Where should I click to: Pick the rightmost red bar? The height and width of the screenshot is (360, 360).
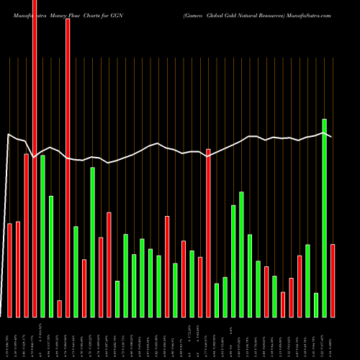pyautogui.click(x=333, y=281)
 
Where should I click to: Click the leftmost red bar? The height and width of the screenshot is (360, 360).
pyautogui.click(x=10, y=270)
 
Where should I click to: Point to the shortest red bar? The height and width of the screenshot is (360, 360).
pyautogui.click(x=60, y=308)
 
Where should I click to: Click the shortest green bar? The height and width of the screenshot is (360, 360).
pyautogui.click(x=316, y=305)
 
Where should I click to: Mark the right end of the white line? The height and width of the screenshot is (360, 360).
pyautogui.click(x=331, y=136)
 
